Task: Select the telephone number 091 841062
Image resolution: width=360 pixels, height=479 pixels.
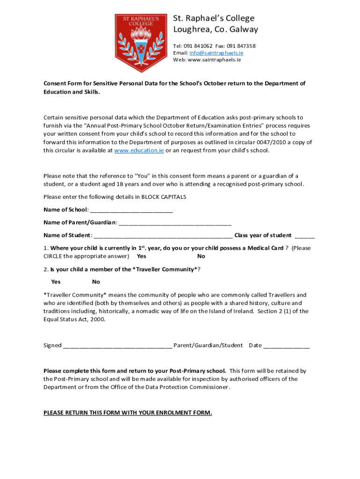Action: (198, 46)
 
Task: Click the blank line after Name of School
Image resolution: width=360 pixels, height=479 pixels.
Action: (131, 210)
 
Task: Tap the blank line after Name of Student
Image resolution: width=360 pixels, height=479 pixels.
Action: (163, 235)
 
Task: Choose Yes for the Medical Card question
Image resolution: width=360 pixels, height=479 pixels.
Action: (141, 256)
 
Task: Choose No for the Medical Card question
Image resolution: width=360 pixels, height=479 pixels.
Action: (201, 256)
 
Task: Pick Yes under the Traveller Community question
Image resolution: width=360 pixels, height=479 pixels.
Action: (56, 282)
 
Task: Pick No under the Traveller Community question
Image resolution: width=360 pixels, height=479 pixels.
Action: (96, 282)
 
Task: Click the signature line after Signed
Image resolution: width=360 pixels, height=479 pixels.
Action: (117, 346)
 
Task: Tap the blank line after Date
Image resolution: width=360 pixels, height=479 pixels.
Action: (286, 346)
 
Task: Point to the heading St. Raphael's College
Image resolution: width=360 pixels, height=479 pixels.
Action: (214, 18)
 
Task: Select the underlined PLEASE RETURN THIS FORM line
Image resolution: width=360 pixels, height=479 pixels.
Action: (128, 413)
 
